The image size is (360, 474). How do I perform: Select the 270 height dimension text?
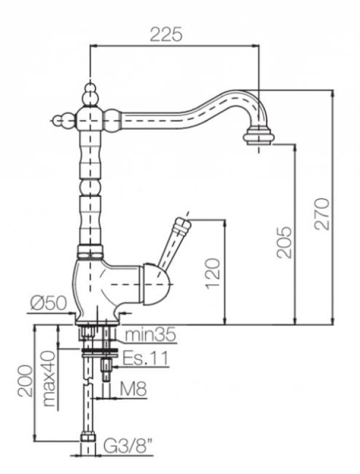click(x=322, y=213)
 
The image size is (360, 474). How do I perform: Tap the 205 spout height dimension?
click(x=285, y=241)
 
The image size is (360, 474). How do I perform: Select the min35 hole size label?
click(x=150, y=335)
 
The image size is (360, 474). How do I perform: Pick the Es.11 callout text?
click(x=146, y=358)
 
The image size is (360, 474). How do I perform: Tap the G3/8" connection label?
click(x=128, y=444)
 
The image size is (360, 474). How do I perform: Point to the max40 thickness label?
click(x=49, y=379)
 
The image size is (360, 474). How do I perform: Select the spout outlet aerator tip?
click(x=259, y=137)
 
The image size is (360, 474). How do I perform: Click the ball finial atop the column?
click(x=89, y=92)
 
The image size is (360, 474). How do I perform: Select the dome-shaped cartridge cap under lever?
click(x=156, y=284)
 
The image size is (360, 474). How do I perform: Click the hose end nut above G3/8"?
click(x=88, y=439)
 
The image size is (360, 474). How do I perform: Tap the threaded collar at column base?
click(x=90, y=251)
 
